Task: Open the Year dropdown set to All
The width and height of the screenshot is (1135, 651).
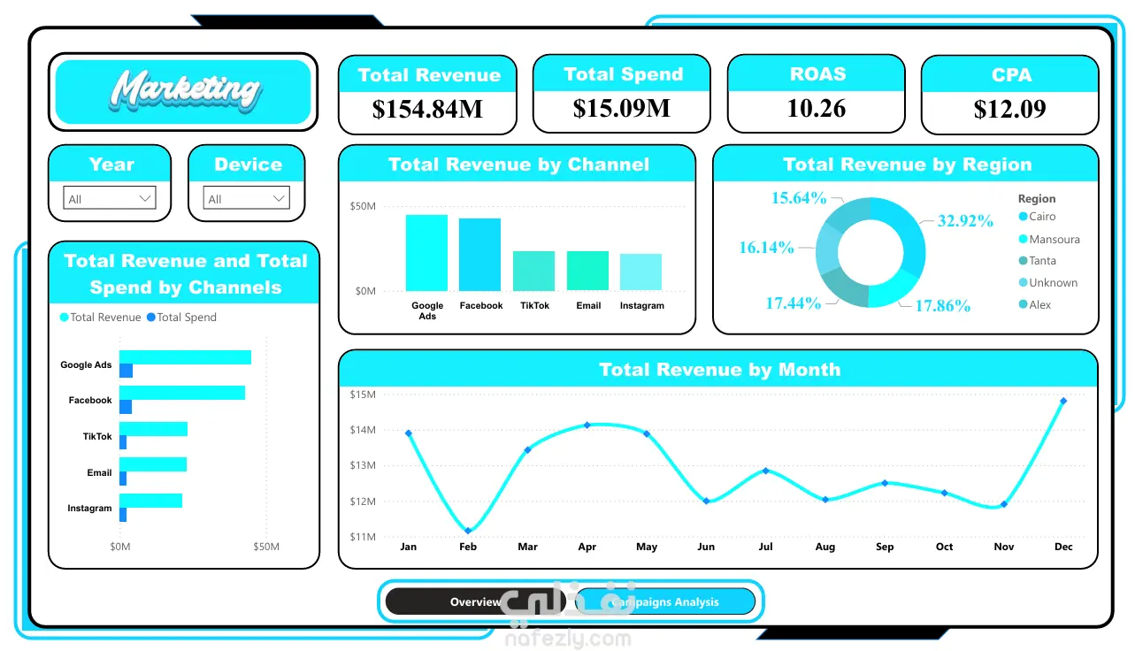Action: tap(110, 198)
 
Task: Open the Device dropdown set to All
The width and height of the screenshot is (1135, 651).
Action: tap(246, 198)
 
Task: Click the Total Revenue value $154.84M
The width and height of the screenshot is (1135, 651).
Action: tap(427, 109)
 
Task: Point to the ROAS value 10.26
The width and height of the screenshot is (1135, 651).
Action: tap(817, 108)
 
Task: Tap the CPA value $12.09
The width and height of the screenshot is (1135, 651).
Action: tap(1010, 109)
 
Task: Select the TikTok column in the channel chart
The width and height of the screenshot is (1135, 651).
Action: tap(534, 271)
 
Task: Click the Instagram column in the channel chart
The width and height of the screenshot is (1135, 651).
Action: tap(641, 272)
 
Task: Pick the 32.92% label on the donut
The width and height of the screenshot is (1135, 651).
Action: tap(965, 221)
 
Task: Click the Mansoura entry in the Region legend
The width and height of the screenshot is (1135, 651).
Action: tap(1049, 239)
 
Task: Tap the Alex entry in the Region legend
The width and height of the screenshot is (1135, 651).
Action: tap(1035, 304)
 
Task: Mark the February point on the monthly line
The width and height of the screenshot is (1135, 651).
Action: tap(468, 531)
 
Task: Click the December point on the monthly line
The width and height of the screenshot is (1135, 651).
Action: tap(1063, 401)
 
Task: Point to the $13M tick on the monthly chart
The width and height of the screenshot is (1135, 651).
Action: tap(363, 465)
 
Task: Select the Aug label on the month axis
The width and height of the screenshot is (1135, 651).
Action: tap(824, 547)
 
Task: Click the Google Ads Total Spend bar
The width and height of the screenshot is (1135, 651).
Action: tap(127, 371)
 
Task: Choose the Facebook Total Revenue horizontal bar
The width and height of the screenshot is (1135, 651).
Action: tap(182, 393)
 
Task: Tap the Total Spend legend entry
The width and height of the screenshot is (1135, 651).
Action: tap(182, 318)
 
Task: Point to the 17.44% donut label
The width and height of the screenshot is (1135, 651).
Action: tap(793, 303)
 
